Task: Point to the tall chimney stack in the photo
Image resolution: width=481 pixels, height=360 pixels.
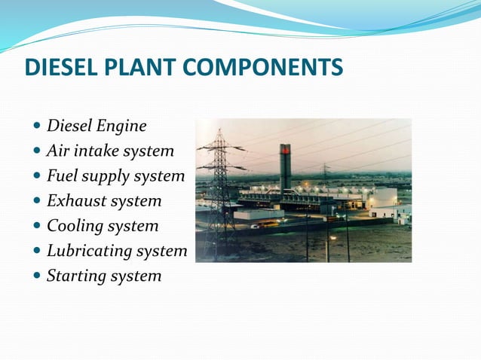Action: [x=286, y=169]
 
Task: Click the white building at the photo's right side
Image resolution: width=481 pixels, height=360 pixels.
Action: [x=384, y=198]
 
